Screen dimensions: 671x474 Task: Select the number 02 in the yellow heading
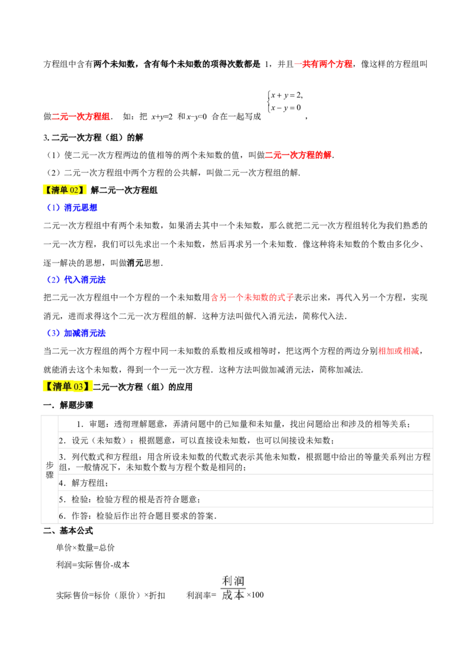(x=74, y=190)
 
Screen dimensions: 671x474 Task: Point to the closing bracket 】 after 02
(x=82, y=190)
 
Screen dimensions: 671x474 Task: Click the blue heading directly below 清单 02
(x=72, y=207)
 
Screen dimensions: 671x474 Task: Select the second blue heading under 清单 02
(x=76, y=280)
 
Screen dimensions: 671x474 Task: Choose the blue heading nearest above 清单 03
(x=76, y=333)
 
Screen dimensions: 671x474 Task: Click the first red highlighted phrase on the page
(x=324, y=64)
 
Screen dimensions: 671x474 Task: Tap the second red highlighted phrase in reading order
(x=82, y=117)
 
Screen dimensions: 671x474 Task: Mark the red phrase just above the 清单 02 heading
(x=298, y=155)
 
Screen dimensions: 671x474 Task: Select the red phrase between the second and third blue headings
(x=252, y=298)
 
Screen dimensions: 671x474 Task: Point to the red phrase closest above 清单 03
(x=399, y=351)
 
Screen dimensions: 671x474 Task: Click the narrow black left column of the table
(x=50, y=468)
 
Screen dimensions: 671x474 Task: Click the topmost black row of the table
(x=246, y=421)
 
